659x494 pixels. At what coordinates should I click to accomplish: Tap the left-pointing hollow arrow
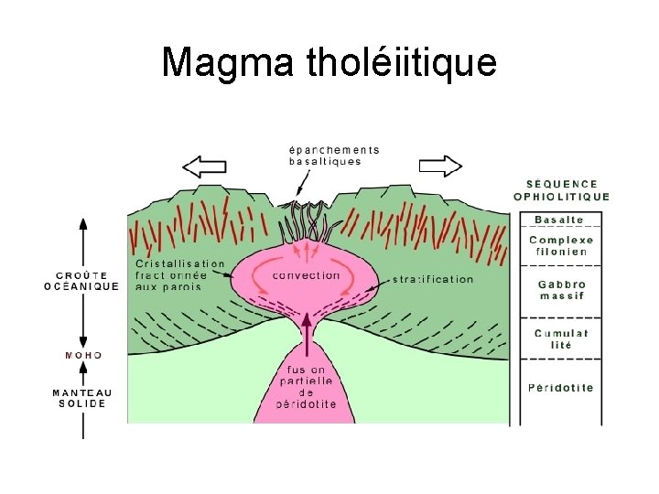tap(204, 166)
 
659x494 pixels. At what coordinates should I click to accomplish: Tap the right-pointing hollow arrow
tap(440, 166)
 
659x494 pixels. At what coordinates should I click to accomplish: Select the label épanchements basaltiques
tap(333, 156)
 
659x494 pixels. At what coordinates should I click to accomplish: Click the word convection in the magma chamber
tap(306, 275)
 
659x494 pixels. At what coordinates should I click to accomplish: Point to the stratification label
tap(433, 279)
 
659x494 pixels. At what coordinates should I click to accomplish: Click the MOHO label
tap(83, 355)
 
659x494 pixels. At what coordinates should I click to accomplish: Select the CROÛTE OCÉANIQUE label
tap(81, 280)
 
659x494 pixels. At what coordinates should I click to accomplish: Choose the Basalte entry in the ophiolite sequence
tap(558, 220)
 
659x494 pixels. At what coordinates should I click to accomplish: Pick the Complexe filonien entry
tap(561, 245)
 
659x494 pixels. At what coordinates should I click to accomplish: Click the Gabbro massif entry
tap(561, 290)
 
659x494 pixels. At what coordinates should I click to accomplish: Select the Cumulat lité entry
tap(561, 339)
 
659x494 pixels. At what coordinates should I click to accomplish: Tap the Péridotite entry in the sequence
tap(560, 388)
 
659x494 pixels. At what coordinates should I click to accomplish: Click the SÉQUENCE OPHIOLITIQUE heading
tap(561, 190)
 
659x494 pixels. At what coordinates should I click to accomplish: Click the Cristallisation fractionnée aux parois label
tap(179, 274)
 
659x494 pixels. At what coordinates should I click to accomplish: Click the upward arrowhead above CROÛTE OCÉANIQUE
tap(83, 225)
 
